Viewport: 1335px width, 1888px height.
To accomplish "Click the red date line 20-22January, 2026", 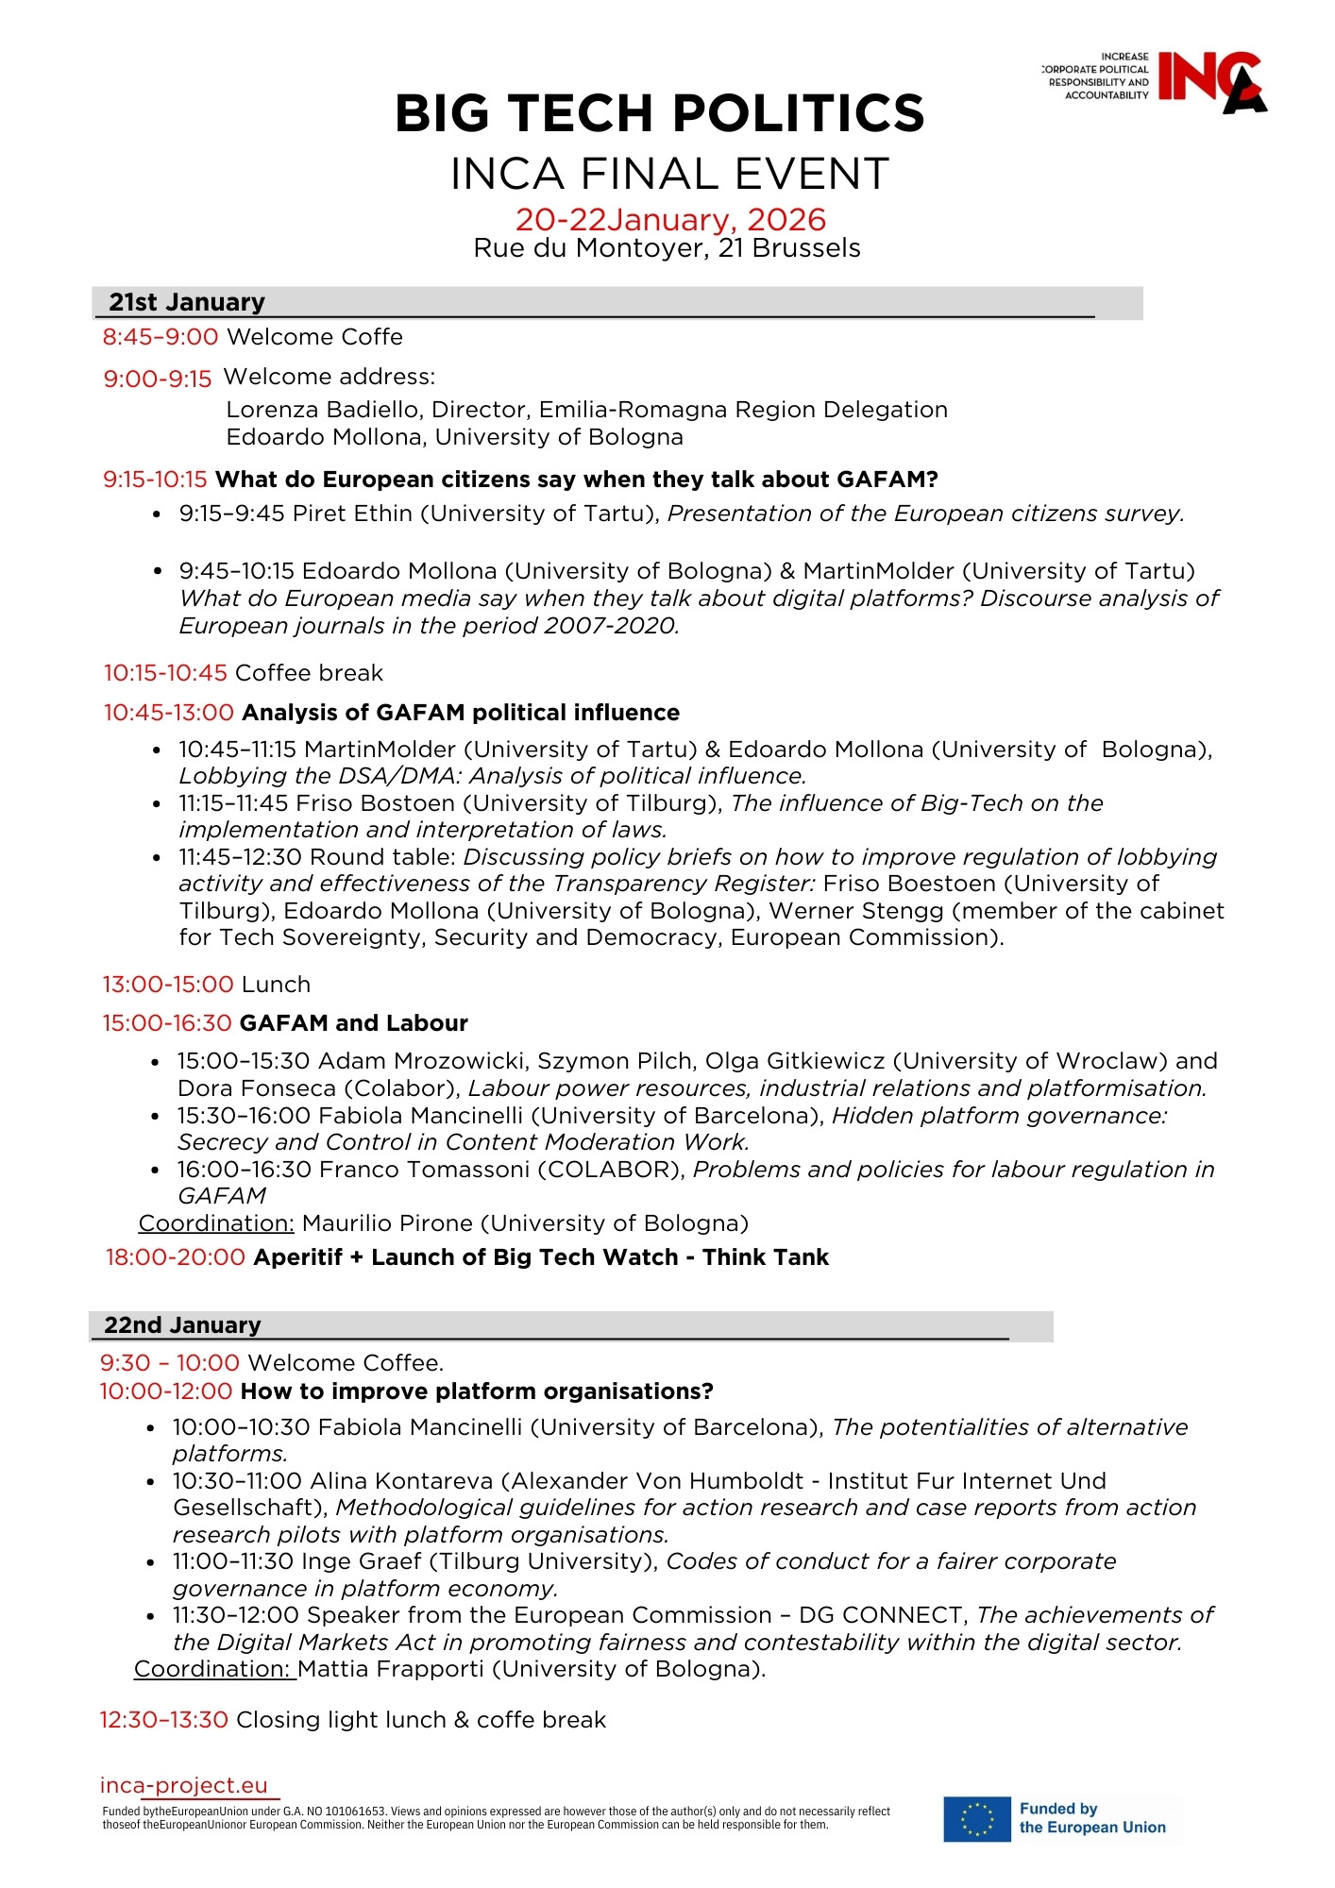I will (x=669, y=220).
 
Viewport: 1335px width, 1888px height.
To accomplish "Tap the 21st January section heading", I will (x=187, y=302).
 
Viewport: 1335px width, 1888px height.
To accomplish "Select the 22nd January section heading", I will (x=182, y=1325).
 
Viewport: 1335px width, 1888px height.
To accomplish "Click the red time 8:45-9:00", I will (x=161, y=337).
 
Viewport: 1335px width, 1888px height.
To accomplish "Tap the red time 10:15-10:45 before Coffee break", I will (x=165, y=673).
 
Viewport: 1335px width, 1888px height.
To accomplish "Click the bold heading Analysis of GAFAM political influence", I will (x=461, y=713).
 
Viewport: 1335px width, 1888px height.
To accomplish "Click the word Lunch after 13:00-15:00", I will (x=276, y=985).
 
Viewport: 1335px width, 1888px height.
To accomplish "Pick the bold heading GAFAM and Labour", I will (x=354, y=1023).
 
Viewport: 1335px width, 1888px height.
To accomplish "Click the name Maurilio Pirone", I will (x=387, y=1223).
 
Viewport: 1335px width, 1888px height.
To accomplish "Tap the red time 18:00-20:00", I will (x=176, y=1257).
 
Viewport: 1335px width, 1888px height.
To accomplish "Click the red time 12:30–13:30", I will (x=164, y=1720).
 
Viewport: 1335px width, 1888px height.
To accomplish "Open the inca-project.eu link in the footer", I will (x=184, y=1785).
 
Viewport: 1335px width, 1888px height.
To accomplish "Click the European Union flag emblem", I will (x=976, y=1819).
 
